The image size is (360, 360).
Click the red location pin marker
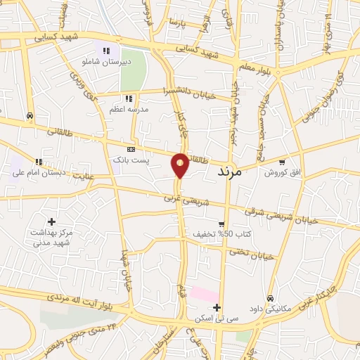(x=180, y=165)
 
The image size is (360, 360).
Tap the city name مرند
(x=230, y=172)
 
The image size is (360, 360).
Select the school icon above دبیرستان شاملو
(x=107, y=50)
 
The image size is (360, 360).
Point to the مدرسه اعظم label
(x=127, y=110)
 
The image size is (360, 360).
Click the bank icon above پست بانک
(x=131, y=150)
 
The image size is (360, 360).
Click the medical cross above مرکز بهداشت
(x=51, y=221)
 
